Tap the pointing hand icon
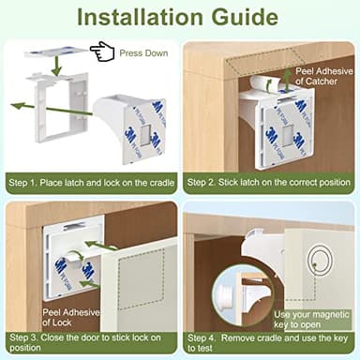tap(102, 51)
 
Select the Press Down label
tap(145, 52)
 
